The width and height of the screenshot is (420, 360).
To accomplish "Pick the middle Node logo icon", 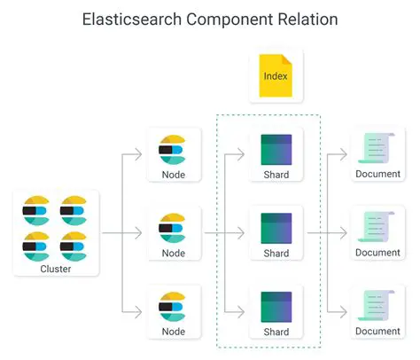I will click(172, 227).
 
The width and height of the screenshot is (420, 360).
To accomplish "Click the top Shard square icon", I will click(276, 149).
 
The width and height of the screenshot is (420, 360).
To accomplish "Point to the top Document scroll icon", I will click(377, 148).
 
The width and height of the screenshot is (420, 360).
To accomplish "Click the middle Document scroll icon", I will click(377, 226).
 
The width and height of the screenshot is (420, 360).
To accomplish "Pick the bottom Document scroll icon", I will click(377, 304).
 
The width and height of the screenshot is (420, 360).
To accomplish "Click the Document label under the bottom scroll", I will click(377, 331).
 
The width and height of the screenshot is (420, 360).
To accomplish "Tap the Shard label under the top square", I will click(276, 176).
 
